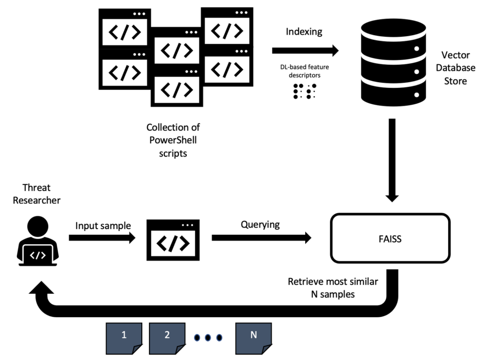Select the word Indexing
pos(304,32)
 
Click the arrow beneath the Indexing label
pos(305,50)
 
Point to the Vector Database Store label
pos(458,68)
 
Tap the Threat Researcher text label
pos(37,193)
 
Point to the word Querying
pos(260,224)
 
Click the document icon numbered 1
pos(124,337)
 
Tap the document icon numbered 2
pos(167,337)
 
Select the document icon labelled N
pos(253,337)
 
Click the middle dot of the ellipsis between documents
pos(208,337)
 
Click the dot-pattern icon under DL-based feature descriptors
pos(305,92)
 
